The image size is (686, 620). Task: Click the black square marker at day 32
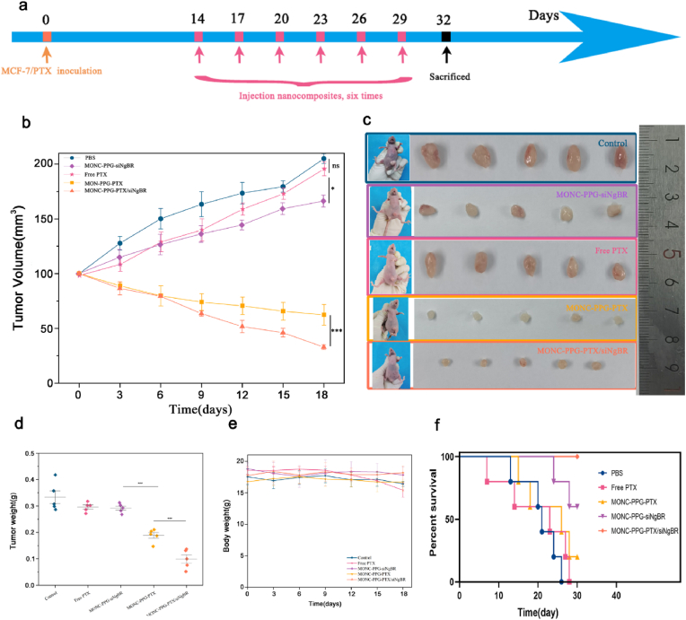click(446, 36)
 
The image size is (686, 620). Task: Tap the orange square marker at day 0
click(47, 36)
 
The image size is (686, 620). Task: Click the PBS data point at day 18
click(324, 159)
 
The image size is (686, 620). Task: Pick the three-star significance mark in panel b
click(337, 331)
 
